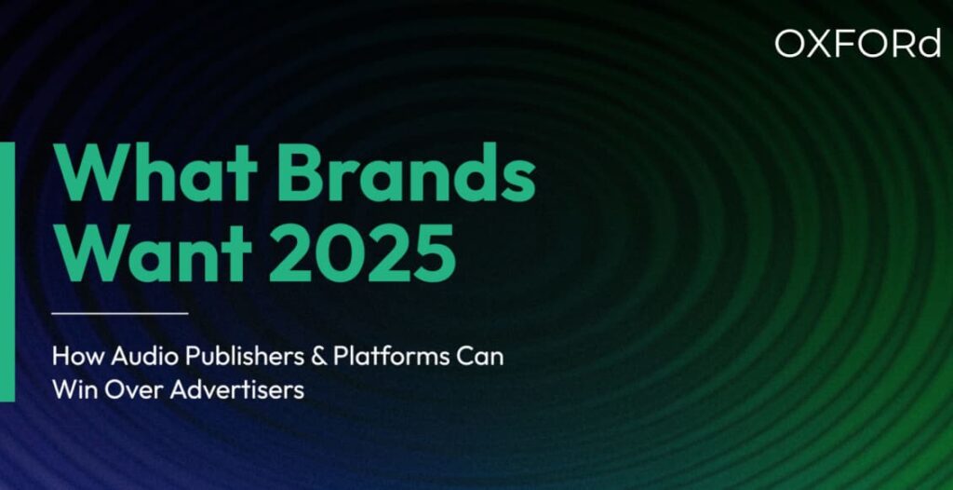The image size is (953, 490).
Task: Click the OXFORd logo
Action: tap(857, 44)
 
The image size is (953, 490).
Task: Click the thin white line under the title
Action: tap(120, 313)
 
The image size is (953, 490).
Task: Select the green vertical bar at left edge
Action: tap(7, 271)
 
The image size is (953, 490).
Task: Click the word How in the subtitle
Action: tap(73, 358)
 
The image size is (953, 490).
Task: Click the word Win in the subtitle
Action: tap(72, 390)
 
